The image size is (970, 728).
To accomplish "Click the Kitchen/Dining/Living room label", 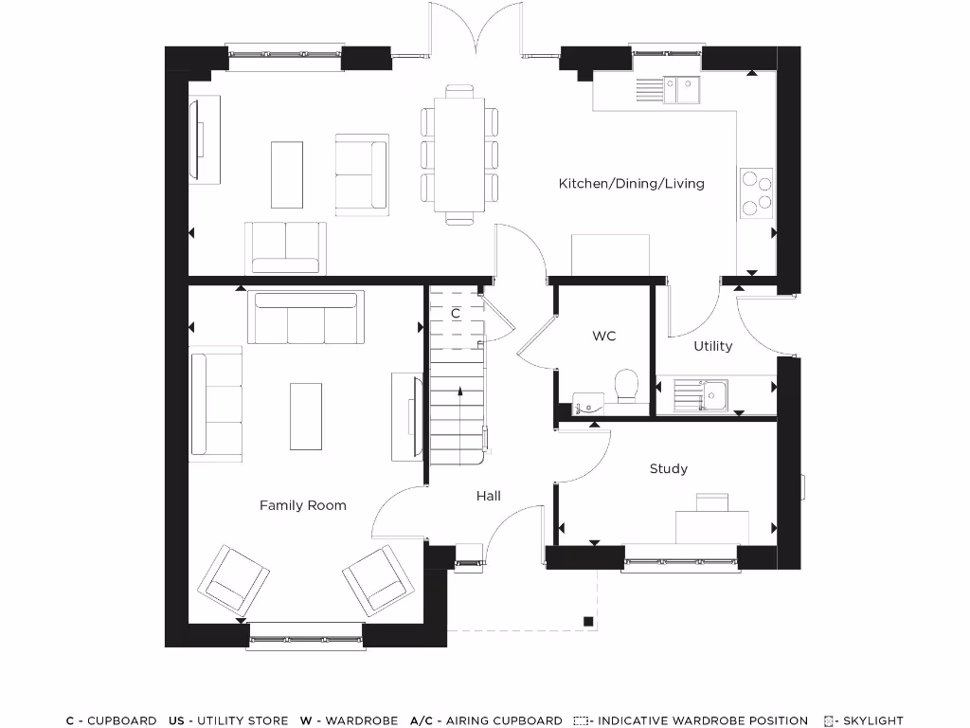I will point(631,183).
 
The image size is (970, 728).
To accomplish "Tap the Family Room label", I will point(303,505).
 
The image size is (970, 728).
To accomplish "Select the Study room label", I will point(669,468).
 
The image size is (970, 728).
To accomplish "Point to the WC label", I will point(604,336).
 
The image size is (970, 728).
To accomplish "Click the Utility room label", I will point(713,346).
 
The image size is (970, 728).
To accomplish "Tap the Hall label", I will point(489,495).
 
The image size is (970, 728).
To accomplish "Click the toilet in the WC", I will point(626,386).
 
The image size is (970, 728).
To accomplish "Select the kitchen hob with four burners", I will point(756,192).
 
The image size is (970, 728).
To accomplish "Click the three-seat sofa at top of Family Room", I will point(306,318).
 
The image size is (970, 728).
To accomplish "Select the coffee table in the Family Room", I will point(306,416).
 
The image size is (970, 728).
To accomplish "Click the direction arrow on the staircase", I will point(459,390).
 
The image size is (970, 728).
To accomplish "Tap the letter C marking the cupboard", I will point(456,312).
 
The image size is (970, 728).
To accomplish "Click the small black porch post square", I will point(588,622).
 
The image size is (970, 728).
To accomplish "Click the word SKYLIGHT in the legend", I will point(872,720).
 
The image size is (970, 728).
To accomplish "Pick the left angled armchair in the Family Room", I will point(231,578).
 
